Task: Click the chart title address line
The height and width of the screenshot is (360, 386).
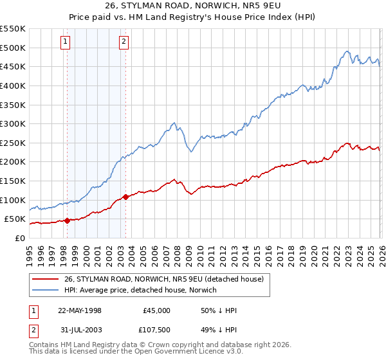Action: point(193,6)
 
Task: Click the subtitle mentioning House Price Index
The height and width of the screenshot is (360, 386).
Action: point(193,17)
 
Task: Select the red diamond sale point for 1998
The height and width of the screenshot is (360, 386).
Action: point(67,221)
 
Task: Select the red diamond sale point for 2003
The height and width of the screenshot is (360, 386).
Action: point(125,197)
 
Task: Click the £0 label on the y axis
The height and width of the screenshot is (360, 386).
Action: point(19,238)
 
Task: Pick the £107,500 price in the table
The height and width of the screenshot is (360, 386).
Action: point(156,331)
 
